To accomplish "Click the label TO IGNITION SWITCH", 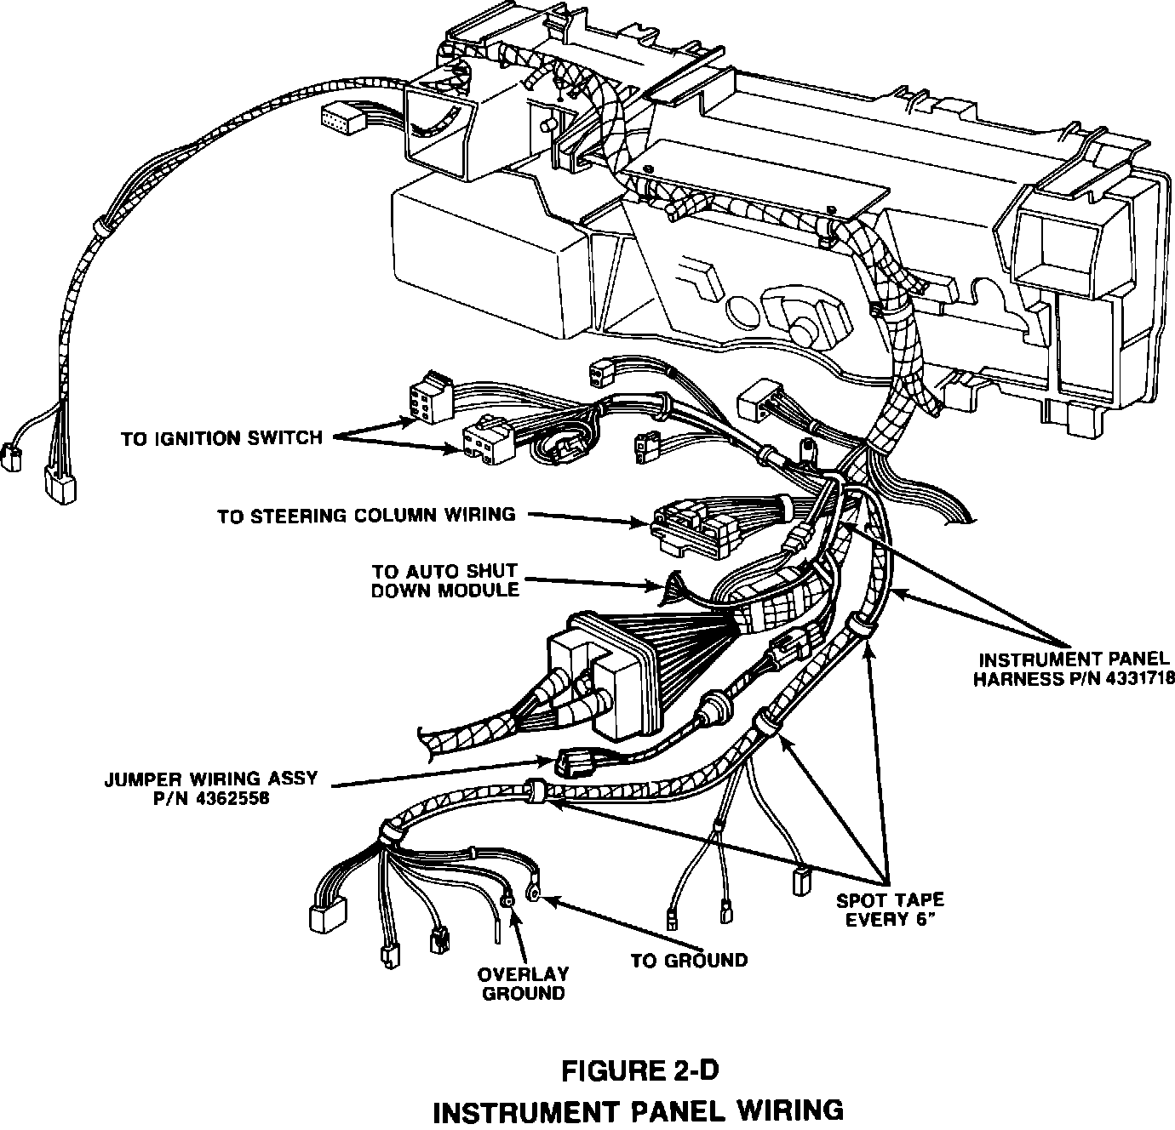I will [221, 439].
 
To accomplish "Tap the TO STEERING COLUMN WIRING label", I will [366, 516].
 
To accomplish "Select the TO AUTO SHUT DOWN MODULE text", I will [445, 580].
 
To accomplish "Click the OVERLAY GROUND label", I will [523, 984].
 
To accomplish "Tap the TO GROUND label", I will [689, 961].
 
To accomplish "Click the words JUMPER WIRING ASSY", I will [211, 778].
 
